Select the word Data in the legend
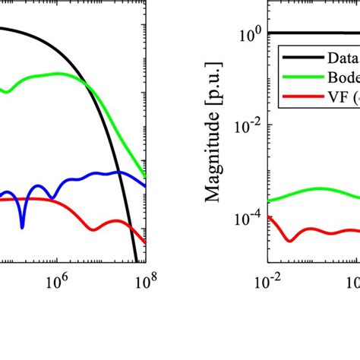pos(343,58)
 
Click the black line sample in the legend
pos(301,58)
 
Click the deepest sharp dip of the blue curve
pos(23,226)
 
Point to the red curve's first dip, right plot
pos(290,239)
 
